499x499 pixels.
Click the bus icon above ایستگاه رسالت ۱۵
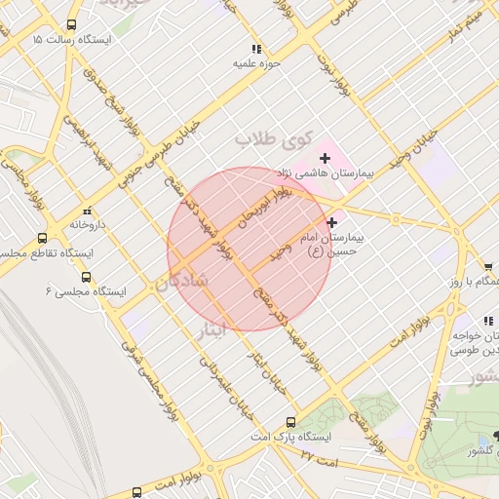(71, 24)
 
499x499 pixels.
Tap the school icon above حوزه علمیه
(256, 48)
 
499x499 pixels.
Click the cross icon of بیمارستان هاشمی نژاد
(325, 158)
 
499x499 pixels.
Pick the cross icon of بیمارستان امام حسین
(334, 222)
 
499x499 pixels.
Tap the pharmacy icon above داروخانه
(87, 210)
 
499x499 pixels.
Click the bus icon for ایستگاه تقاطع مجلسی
(42, 238)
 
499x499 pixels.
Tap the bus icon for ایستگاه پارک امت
(290, 422)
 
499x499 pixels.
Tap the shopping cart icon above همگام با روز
(487, 266)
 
